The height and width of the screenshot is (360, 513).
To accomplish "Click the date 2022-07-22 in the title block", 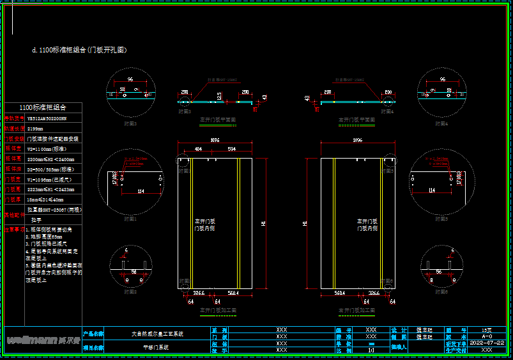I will tap(487, 342).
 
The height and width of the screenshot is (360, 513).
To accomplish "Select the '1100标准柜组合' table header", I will tap(43, 107).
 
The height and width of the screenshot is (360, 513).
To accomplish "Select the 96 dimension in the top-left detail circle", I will tap(130, 79).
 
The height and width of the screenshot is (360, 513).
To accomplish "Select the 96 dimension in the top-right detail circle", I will tap(441, 79).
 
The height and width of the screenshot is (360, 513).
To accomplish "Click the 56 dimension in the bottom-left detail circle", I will tap(134, 271).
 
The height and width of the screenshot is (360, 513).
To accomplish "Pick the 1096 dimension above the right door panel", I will tap(357, 139).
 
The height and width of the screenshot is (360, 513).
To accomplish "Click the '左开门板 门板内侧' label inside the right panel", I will tap(367, 224).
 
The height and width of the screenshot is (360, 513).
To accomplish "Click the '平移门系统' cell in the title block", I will tap(157, 347).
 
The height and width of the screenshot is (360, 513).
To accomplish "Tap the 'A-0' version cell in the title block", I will tap(487, 336).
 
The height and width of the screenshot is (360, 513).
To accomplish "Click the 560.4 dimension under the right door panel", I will tap(339, 293).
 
